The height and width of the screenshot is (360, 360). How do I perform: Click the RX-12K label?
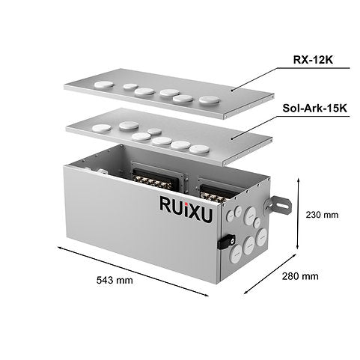pos(313,60)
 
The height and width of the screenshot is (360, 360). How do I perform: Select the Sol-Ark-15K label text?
pos(314,109)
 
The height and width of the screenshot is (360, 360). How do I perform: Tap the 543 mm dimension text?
pos(115,280)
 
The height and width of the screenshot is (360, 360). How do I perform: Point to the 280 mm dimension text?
pos(300,276)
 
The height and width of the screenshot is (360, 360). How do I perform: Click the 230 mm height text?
pos(322,215)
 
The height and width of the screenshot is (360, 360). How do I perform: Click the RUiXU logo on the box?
pos(186,209)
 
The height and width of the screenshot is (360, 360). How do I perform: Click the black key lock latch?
pos(227,242)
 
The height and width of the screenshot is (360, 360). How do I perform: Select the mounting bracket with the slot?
pos(278,205)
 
